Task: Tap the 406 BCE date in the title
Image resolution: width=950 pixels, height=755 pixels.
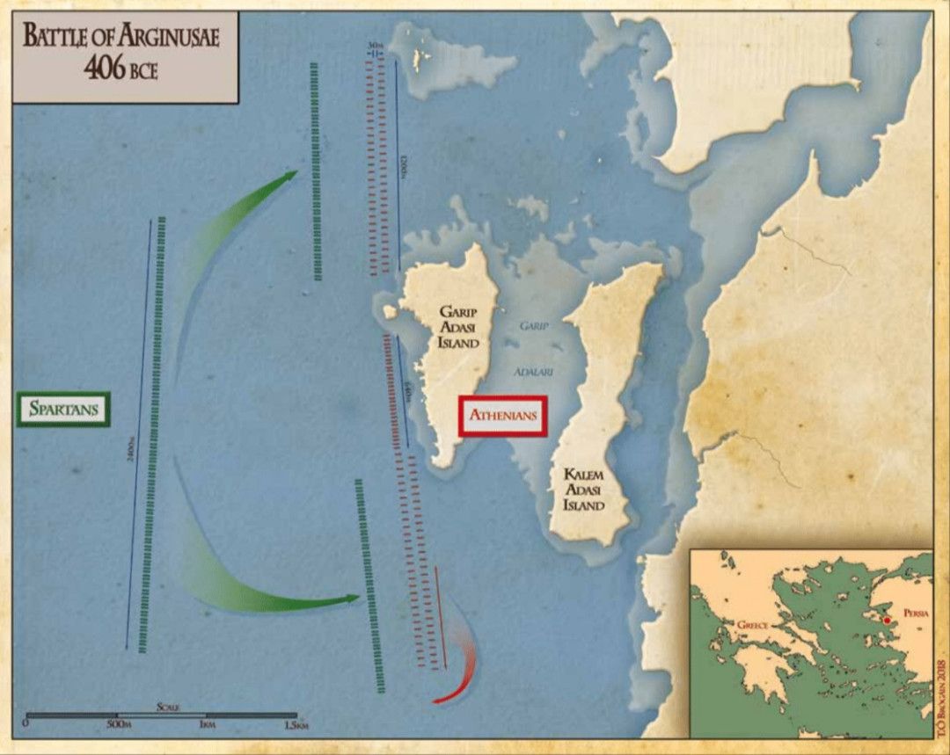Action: click(121, 70)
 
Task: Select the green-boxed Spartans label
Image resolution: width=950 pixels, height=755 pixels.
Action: click(62, 409)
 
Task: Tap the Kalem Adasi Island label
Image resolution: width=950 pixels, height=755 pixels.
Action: click(584, 490)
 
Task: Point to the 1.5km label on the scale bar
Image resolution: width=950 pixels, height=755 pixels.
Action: click(296, 725)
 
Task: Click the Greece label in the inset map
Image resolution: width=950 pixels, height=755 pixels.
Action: click(752, 625)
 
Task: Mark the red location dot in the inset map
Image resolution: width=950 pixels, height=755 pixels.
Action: click(888, 621)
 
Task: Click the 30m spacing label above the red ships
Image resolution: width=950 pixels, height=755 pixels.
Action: click(376, 46)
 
